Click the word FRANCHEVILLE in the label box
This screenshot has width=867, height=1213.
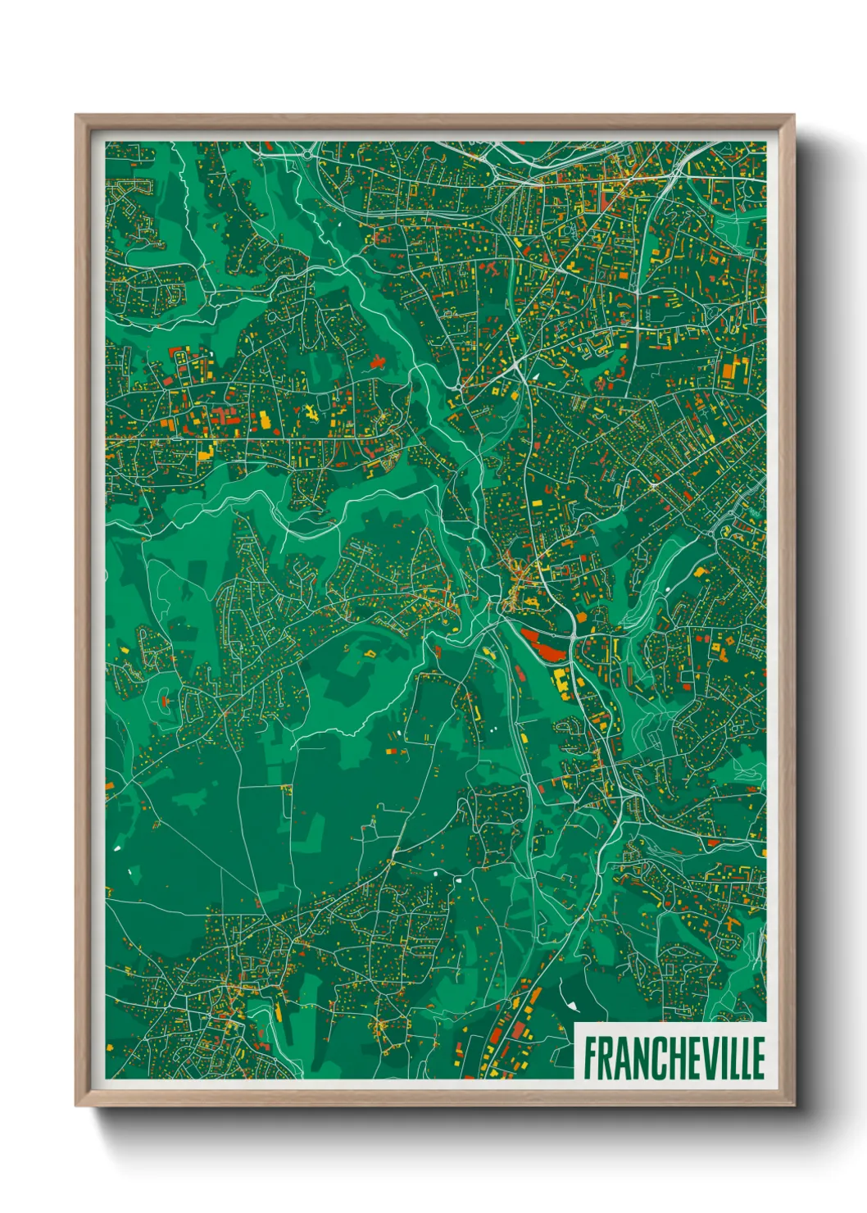(x=674, y=1057)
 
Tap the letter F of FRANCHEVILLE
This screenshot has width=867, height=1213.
(x=590, y=1057)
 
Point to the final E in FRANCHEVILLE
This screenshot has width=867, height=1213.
(x=757, y=1057)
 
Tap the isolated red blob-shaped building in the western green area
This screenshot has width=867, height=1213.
(x=378, y=361)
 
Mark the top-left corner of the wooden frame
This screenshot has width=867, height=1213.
(x=77, y=116)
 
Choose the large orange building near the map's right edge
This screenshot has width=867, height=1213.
(x=728, y=370)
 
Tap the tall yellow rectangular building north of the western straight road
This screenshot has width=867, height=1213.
(x=265, y=420)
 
